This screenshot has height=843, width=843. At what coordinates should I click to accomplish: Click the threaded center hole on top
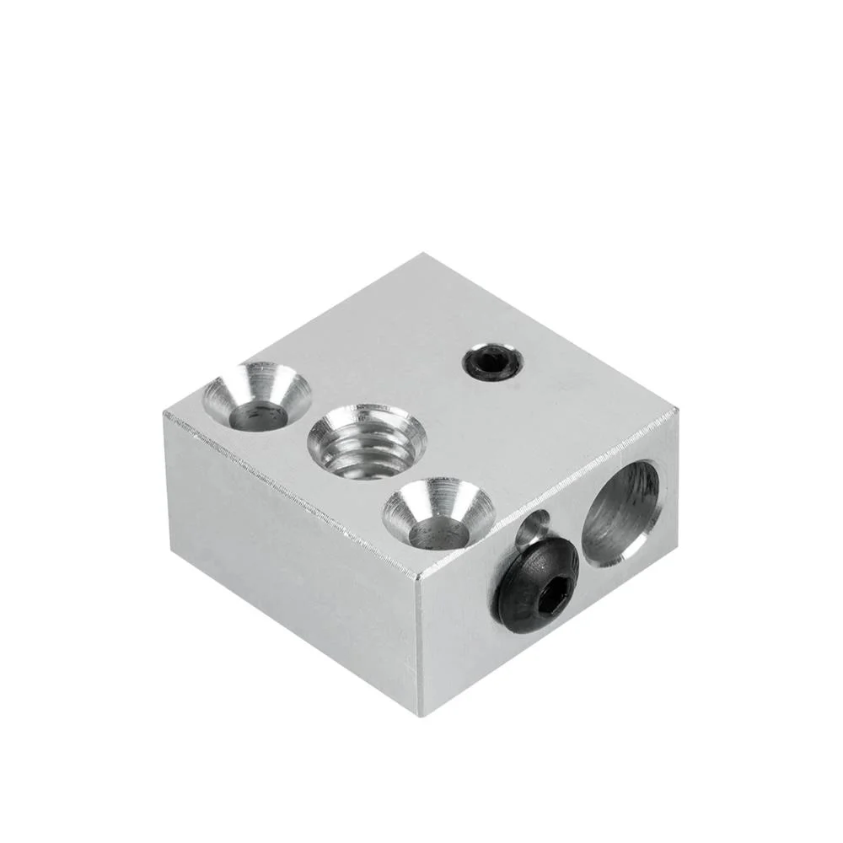368,442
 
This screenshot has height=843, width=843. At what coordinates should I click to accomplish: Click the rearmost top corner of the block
419,255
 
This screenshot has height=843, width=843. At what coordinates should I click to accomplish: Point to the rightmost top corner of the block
678,411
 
